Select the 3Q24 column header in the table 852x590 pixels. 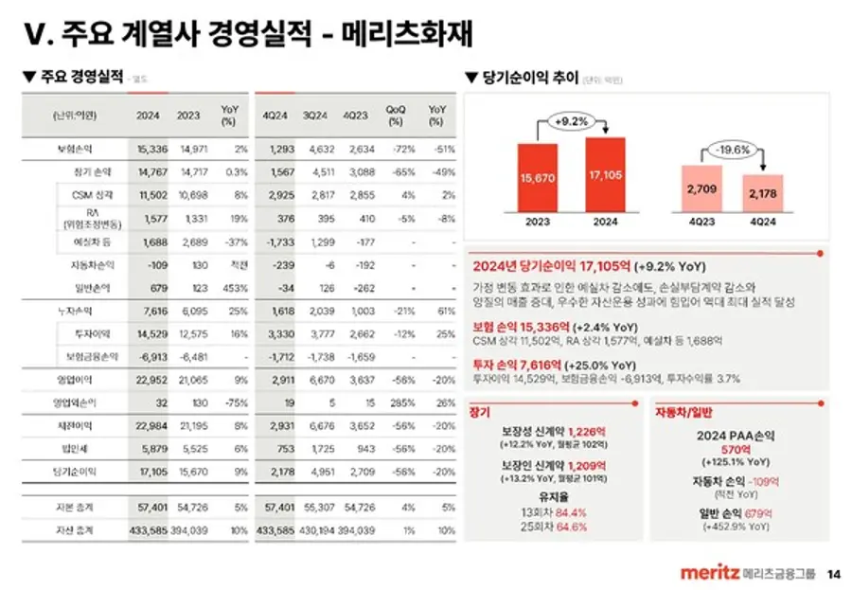[316, 116]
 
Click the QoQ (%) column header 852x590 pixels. [396, 116]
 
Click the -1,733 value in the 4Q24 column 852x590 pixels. [280, 241]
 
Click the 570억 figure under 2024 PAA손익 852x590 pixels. [736, 450]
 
